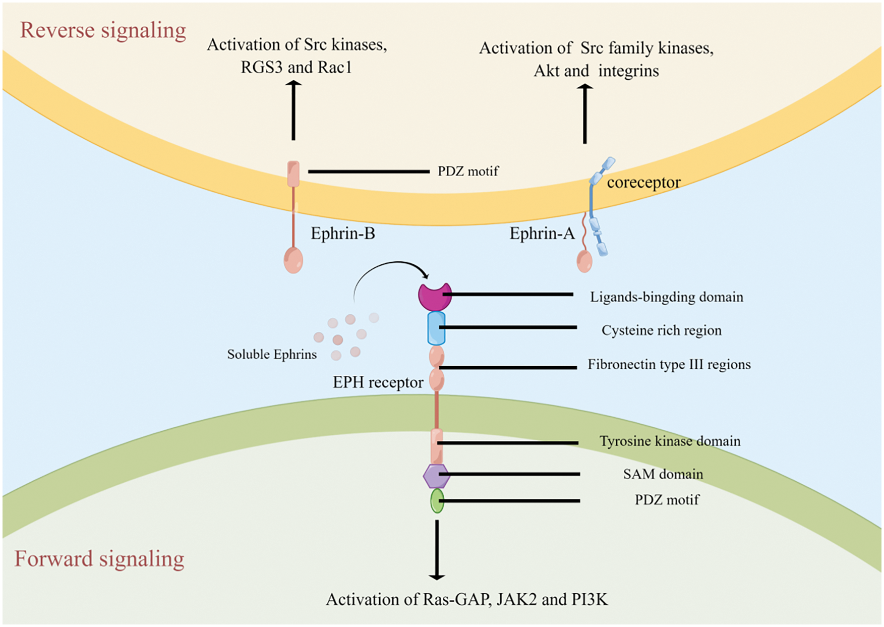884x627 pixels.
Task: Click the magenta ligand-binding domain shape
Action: point(435,297)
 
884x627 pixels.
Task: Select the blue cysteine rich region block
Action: point(436,328)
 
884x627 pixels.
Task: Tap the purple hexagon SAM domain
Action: point(436,476)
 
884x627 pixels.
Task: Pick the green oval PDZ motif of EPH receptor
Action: point(437,501)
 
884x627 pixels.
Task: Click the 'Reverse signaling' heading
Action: point(103,30)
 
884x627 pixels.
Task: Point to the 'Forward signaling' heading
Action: point(99,559)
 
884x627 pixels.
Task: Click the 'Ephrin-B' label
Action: point(343,234)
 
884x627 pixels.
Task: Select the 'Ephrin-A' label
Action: point(542,234)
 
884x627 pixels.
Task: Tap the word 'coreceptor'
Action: point(644,183)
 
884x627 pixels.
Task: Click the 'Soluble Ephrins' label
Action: point(272,355)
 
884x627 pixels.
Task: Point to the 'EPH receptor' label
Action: point(378,382)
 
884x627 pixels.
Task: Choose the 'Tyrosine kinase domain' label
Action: point(670,441)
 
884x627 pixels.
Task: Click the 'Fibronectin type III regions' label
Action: point(669,365)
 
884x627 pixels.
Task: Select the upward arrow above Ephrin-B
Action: point(293,110)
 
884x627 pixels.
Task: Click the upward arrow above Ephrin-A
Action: point(585,114)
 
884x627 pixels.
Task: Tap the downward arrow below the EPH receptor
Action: point(437,550)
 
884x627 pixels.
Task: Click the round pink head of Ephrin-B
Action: point(293,260)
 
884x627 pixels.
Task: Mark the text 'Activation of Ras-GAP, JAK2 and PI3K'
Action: point(467,599)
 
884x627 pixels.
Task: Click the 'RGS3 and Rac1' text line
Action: point(297,67)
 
